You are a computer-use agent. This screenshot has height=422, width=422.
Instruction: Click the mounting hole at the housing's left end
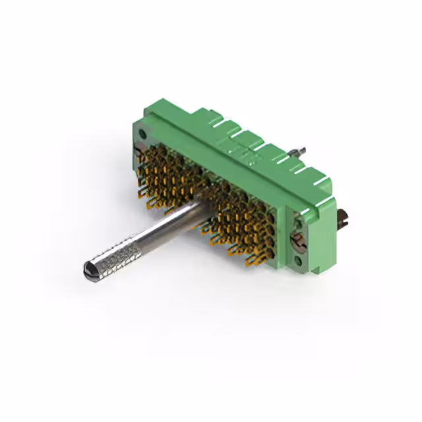[143, 135]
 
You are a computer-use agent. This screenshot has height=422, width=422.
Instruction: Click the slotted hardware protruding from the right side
[343, 218]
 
